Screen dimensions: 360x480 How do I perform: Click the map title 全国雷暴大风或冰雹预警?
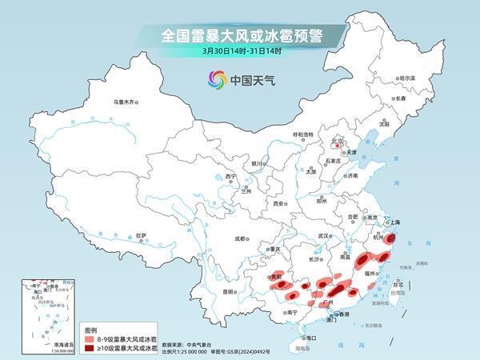(x=239, y=35)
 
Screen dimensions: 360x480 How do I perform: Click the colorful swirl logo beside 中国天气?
(x=217, y=79)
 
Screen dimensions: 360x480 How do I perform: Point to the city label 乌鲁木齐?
(x=126, y=102)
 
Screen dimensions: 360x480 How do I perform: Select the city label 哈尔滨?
(x=407, y=78)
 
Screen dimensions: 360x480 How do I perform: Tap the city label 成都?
(x=241, y=238)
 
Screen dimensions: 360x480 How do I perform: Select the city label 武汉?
(x=323, y=236)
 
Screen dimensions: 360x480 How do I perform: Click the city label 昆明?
(x=229, y=291)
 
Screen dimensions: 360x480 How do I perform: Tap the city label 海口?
(x=302, y=338)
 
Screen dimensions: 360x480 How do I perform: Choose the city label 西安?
(x=278, y=203)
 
